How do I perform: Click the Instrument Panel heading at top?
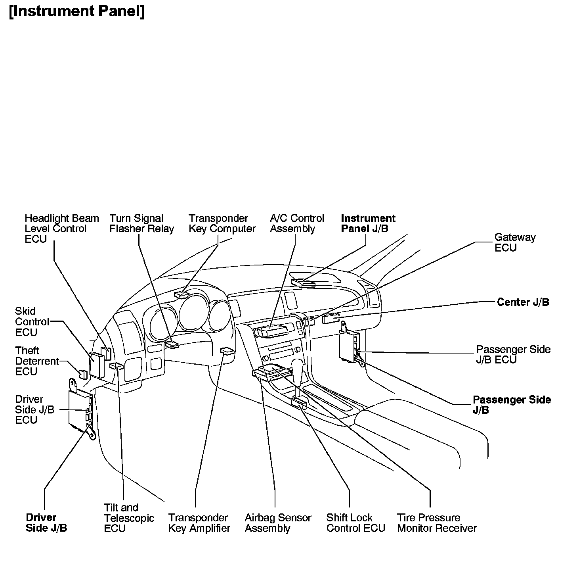pyautogui.click(x=76, y=11)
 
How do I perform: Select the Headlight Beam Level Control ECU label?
pyautogui.click(x=61, y=229)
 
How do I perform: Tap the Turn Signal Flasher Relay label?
pyautogui.click(x=141, y=223)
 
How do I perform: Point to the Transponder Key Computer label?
pyautogui.click(x=222, y=223)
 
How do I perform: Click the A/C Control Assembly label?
pyautogui.click(x=296, y=223)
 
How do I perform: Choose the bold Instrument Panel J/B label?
pyautogui.click(x=368, y=223)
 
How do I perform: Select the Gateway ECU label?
pyautogui.click(x=514, y=242)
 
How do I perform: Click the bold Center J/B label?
pyautogui.click(x=523, y=302)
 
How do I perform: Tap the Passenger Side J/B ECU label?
pyautogui.click(x=513, y=354)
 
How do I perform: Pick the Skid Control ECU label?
pyautogui.click(x=32, y=322)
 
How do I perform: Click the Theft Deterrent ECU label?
pyautogui.click(x=36, y=361)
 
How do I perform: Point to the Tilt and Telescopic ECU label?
pyautogui.click(x=129, y=518)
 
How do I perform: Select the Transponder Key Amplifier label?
pyautogui.click(x=199, y=523)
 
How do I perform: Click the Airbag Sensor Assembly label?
pyautogui.click(x=278, y=523)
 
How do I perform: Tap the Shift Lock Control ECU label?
pyautogui.click(x=355, y=523)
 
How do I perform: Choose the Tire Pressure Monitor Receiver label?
pyautogui.click(x=437, y=523)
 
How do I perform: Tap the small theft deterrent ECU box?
pyautogui.click(x=83, y=374)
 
